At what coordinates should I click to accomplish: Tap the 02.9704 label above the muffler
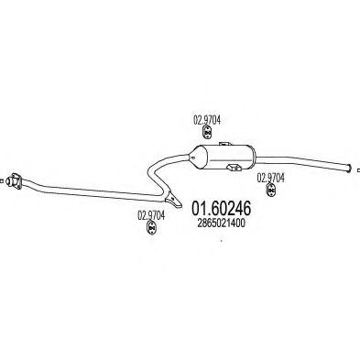click(206, 117)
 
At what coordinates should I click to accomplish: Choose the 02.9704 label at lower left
click(151, 216)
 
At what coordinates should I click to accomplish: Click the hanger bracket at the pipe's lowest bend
click(169, 197)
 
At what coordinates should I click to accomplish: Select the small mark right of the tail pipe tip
click(355, 166)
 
